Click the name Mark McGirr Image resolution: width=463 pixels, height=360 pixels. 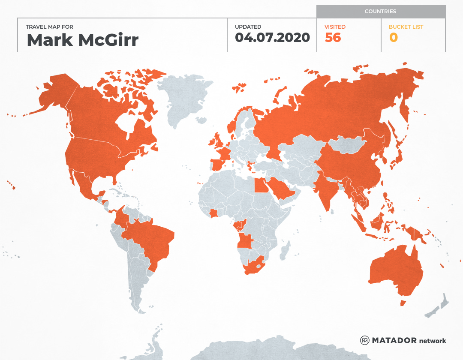click(82, 40)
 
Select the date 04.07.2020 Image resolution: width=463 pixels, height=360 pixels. click(272, 38)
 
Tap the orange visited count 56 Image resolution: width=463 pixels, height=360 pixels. click(333, 38)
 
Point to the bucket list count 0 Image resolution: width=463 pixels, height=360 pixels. click(393, 38)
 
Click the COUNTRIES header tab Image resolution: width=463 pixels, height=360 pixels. click(380, 12)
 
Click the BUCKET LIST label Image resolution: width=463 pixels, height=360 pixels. click(406, 27)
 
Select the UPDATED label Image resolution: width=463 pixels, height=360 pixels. click(248, 27)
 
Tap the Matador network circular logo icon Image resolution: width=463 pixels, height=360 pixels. click(365, 340)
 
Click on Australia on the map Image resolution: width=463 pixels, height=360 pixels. click(397, 270)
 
